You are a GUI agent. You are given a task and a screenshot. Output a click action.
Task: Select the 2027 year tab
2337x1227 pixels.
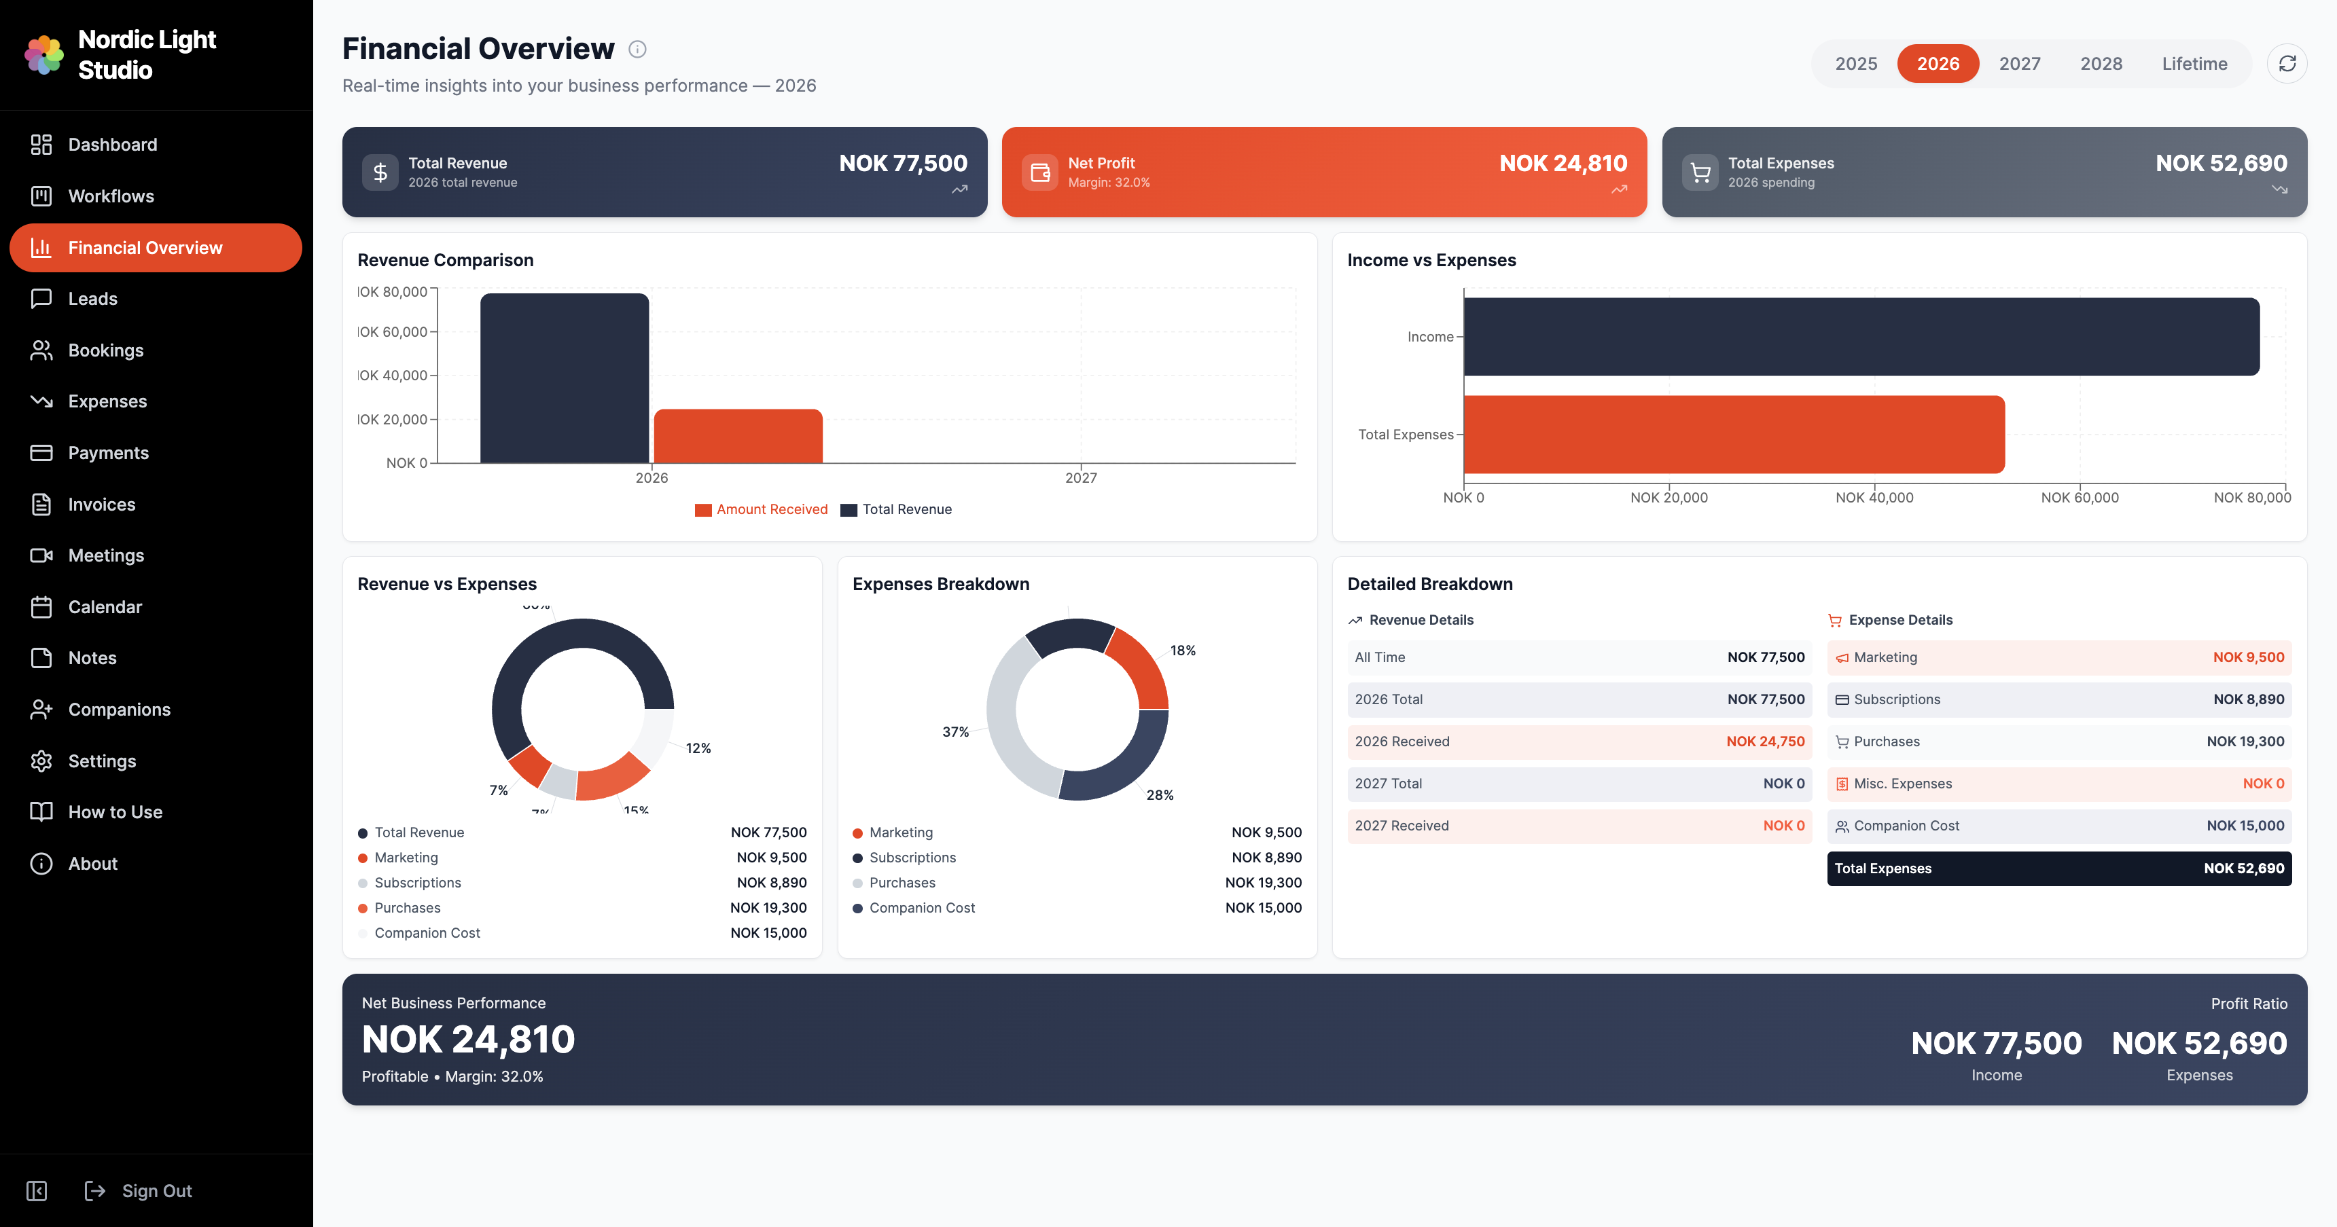click(2020, 63)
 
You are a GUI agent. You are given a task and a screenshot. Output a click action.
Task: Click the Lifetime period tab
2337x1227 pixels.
click(2194, 63)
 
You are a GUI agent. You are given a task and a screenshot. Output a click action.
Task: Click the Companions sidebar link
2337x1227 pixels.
click(119, 709)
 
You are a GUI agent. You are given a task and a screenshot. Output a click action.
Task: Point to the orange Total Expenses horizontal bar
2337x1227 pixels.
click(1733, 435)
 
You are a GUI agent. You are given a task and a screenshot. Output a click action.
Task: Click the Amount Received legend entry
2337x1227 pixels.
click(771, 510)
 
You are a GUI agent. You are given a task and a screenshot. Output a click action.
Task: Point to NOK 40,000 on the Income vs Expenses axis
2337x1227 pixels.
click(1874, 498)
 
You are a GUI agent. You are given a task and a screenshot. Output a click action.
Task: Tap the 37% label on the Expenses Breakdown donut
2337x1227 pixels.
click(955, 732)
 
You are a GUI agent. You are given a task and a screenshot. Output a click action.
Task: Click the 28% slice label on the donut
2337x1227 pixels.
click(1160, 795)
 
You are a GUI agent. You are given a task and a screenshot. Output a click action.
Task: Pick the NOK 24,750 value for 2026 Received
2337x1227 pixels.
click(1764, 741)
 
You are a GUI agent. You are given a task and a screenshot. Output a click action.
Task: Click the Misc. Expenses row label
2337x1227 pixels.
click(1902, 784)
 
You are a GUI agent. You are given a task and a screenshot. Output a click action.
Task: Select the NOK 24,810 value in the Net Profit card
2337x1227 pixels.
click(1563, 163)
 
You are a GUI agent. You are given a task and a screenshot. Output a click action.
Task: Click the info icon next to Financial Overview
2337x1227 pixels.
click(638, 49)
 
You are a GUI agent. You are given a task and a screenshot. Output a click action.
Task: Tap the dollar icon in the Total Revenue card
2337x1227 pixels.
click(380, 172)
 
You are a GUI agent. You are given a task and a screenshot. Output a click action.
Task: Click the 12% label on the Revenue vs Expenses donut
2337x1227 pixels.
click(698, 748)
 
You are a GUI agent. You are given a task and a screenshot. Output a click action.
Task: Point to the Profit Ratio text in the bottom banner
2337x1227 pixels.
click(2248, 1004)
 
